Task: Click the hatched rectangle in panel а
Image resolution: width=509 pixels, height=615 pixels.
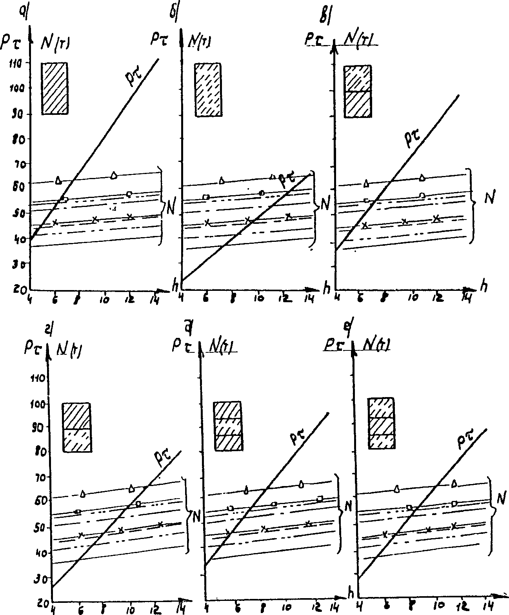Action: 55,88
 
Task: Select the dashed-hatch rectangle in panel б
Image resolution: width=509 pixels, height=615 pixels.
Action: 208,90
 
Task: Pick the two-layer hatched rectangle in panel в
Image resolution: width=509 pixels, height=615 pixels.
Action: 358,92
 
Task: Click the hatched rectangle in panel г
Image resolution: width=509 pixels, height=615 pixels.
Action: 77,428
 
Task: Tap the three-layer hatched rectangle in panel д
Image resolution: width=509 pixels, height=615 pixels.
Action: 227,426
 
